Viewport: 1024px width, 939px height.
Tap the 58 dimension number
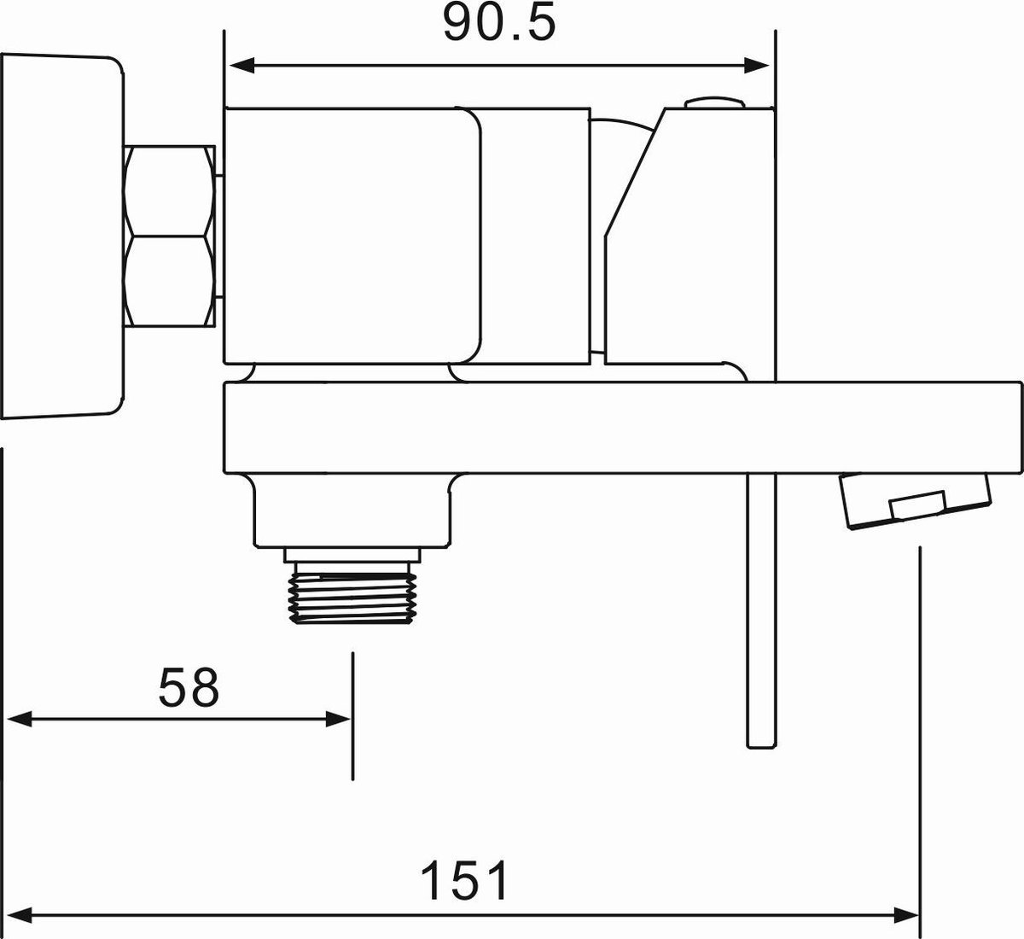click(189, 688)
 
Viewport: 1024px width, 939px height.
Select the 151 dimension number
click(464, 880)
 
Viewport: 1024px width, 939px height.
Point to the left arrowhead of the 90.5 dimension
click(242, 66)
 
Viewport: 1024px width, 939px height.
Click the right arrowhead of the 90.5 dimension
click(757, 66)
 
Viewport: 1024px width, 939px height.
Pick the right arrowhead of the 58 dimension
click(338, 720)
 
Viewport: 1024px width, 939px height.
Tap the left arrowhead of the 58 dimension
click(20, 720)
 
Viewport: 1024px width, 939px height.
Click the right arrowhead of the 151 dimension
click(905, 915)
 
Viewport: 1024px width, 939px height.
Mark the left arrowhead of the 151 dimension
click(20, 915)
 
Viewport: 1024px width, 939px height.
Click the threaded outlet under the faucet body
click(352, 593)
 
